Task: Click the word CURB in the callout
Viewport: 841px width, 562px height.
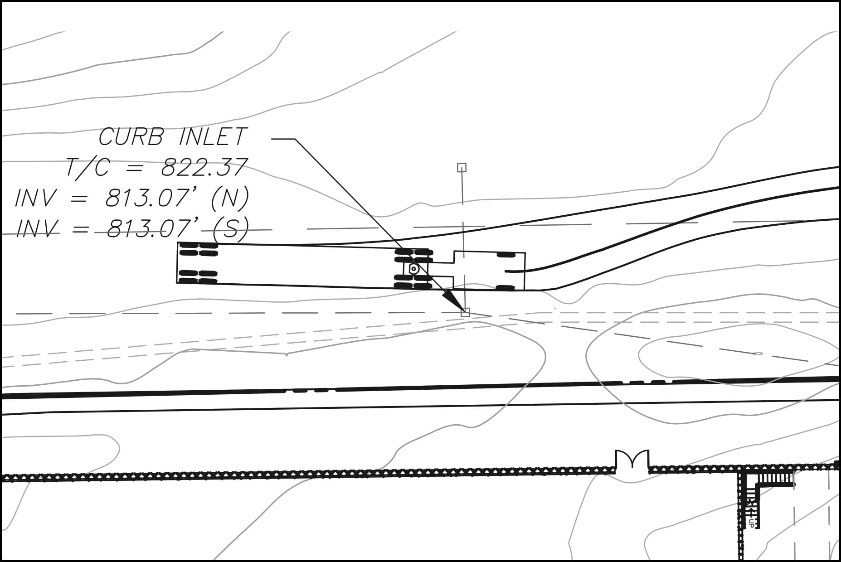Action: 131,136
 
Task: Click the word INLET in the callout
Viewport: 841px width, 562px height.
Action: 213,136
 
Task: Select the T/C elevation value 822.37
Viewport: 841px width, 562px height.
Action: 204,167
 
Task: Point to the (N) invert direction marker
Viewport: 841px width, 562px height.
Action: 230,198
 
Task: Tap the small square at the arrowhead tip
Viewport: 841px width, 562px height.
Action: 465,312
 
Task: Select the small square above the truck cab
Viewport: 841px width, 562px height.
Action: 462,168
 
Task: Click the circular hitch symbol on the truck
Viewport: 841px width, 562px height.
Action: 413,269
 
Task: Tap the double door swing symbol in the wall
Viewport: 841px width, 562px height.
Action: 632,459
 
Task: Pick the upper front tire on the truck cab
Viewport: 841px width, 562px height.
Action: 506,255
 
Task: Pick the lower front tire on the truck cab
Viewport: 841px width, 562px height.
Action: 506,288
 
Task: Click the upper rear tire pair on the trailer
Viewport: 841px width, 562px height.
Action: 199,249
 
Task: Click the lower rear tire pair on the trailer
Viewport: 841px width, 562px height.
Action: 199,277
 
